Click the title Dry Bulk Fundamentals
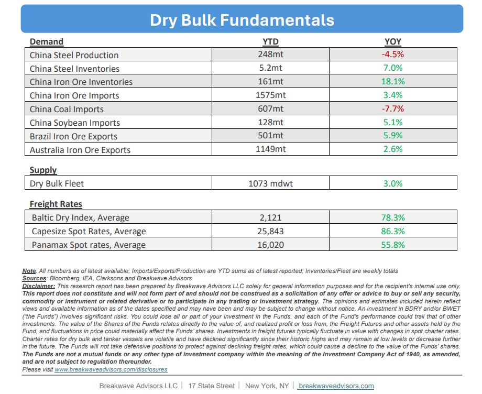click(x=242, y=20)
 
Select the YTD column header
click(x=270, y=41)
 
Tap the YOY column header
click(x=393, y=41)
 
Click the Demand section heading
click(x=47, y=41)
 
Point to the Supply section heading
click(x=43, y=170)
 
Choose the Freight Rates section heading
click(x=56, y=204)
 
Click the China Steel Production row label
click(x=74, y=55)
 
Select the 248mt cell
click(x=270, y=54)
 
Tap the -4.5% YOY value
click(x=393, y=54)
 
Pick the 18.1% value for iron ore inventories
click(x=393, y=81)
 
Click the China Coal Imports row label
click(x=67, y=109)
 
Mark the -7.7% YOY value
click(x=393, y=108)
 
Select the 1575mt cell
click(x=270, y=95)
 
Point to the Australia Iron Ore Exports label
click(x=80, y=150)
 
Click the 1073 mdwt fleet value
click(x=270, y=183)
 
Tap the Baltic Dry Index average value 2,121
click(x=270, y=217)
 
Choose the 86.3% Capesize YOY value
click(x=393, y=231)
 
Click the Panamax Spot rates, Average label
click(x=89, y=245)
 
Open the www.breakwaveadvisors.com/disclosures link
click(x=111, y=369)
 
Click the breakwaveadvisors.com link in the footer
click(x=336, y=386)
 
